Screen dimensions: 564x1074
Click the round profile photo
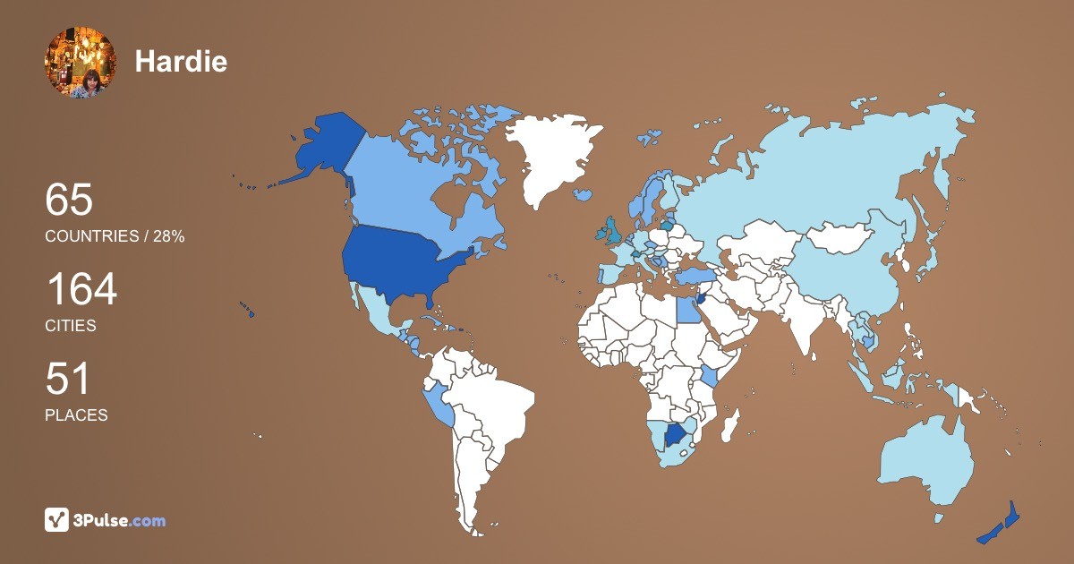[80, 62]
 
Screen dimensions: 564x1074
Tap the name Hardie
[181, 62]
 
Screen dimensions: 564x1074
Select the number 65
[69, 200]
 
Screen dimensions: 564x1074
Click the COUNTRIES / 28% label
[115, 236]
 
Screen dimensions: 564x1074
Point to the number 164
[81, 290]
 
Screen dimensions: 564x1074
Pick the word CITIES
[71, 326]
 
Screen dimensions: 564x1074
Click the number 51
[68, 379]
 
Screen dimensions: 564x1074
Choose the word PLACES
[76, 415]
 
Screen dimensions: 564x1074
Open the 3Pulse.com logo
[106, 520]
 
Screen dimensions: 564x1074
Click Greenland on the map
[546, 152]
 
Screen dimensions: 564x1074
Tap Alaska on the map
[322, 148]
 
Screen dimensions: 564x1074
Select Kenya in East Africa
[710, 375]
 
